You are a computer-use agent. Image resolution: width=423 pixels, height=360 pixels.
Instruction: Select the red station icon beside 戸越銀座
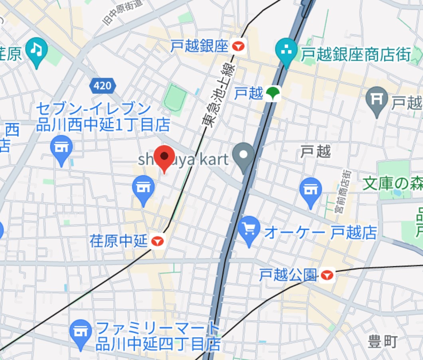coord(239,47)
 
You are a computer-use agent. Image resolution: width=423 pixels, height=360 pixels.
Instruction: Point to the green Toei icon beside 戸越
coord(273,94)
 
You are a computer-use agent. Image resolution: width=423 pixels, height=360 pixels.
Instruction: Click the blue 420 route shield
coord(103,85)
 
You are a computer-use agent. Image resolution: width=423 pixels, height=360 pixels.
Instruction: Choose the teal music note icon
coord(36,50)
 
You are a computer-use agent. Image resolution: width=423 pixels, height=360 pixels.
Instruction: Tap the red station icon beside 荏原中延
coord(158,241)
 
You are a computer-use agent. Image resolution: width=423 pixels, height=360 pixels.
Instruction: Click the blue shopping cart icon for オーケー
coord(249,229)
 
